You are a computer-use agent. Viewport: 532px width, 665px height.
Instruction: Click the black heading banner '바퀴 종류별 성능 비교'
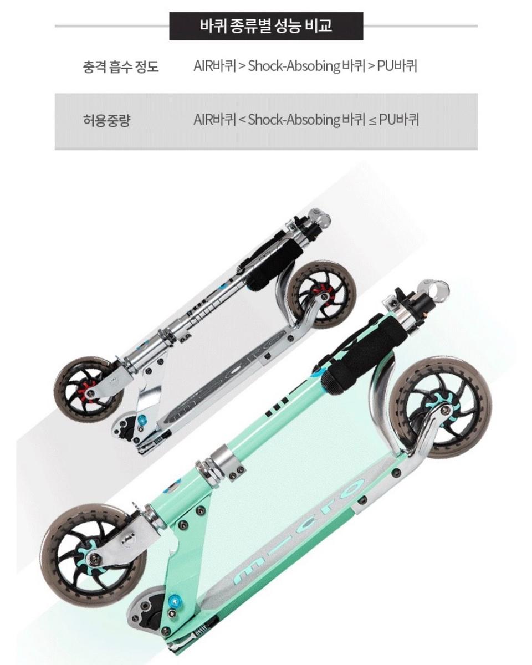pos(266,26)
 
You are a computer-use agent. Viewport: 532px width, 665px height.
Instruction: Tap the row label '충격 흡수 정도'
pos(121,66)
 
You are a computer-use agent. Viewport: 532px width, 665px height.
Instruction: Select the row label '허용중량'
pos(106,120)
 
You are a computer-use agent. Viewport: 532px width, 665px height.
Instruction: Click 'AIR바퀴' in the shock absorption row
pos(215,66)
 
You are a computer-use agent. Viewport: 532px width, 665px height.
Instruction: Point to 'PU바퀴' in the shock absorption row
pos(397,66)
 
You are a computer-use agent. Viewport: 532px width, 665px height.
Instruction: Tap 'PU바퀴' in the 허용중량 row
pos(399,120)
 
